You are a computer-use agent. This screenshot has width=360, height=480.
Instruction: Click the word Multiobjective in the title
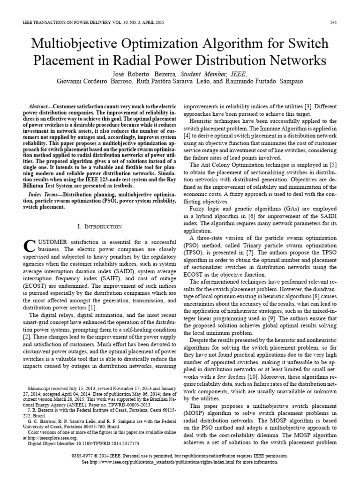80,44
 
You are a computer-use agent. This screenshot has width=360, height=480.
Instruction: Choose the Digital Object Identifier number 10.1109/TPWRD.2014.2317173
105,442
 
